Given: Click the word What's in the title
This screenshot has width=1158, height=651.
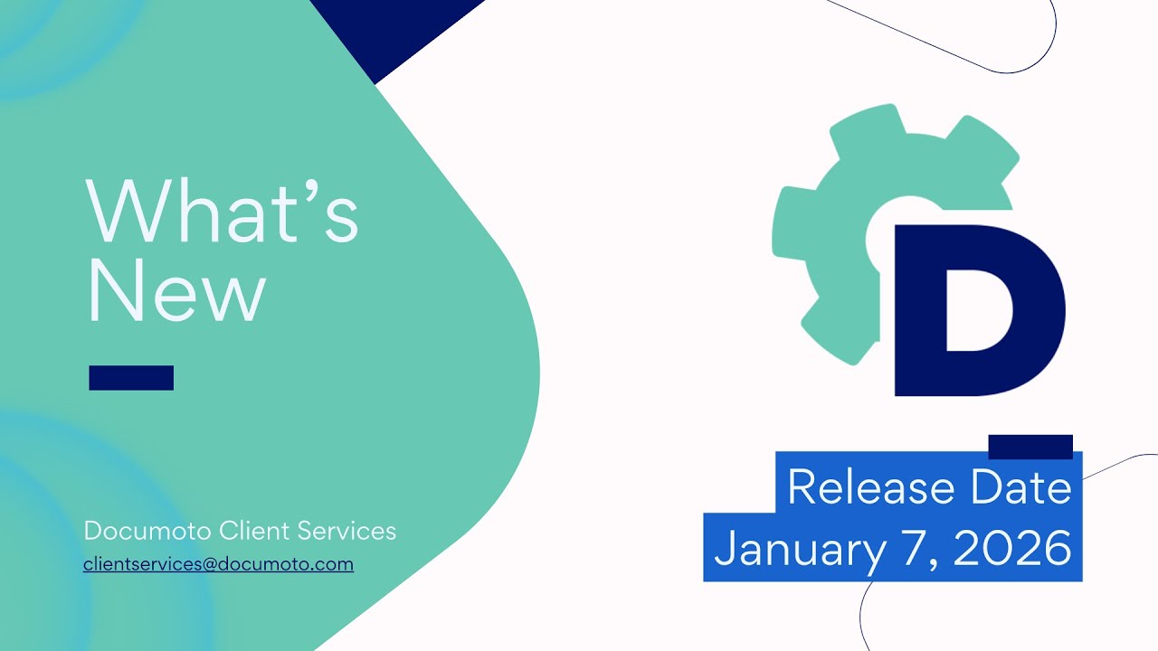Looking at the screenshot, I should click(223, 211).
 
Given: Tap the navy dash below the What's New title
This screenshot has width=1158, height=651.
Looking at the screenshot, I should click(131, 378).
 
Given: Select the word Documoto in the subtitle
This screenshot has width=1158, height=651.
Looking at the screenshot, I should click(147, 531).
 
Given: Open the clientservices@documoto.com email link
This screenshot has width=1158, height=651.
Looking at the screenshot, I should click(218, 564).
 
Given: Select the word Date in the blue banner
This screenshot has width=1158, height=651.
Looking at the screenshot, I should click(1021, 488).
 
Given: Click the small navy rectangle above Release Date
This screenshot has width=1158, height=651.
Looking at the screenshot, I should click(1030, 447).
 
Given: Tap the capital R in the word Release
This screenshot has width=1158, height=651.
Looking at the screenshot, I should click(802, 488).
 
